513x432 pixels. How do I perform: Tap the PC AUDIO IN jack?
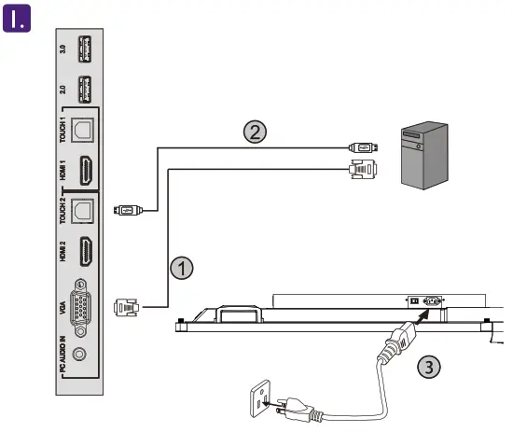pyautogui.click(x=82, y=354)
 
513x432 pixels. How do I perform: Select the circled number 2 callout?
pyautogui.click(x=254, y=132)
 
